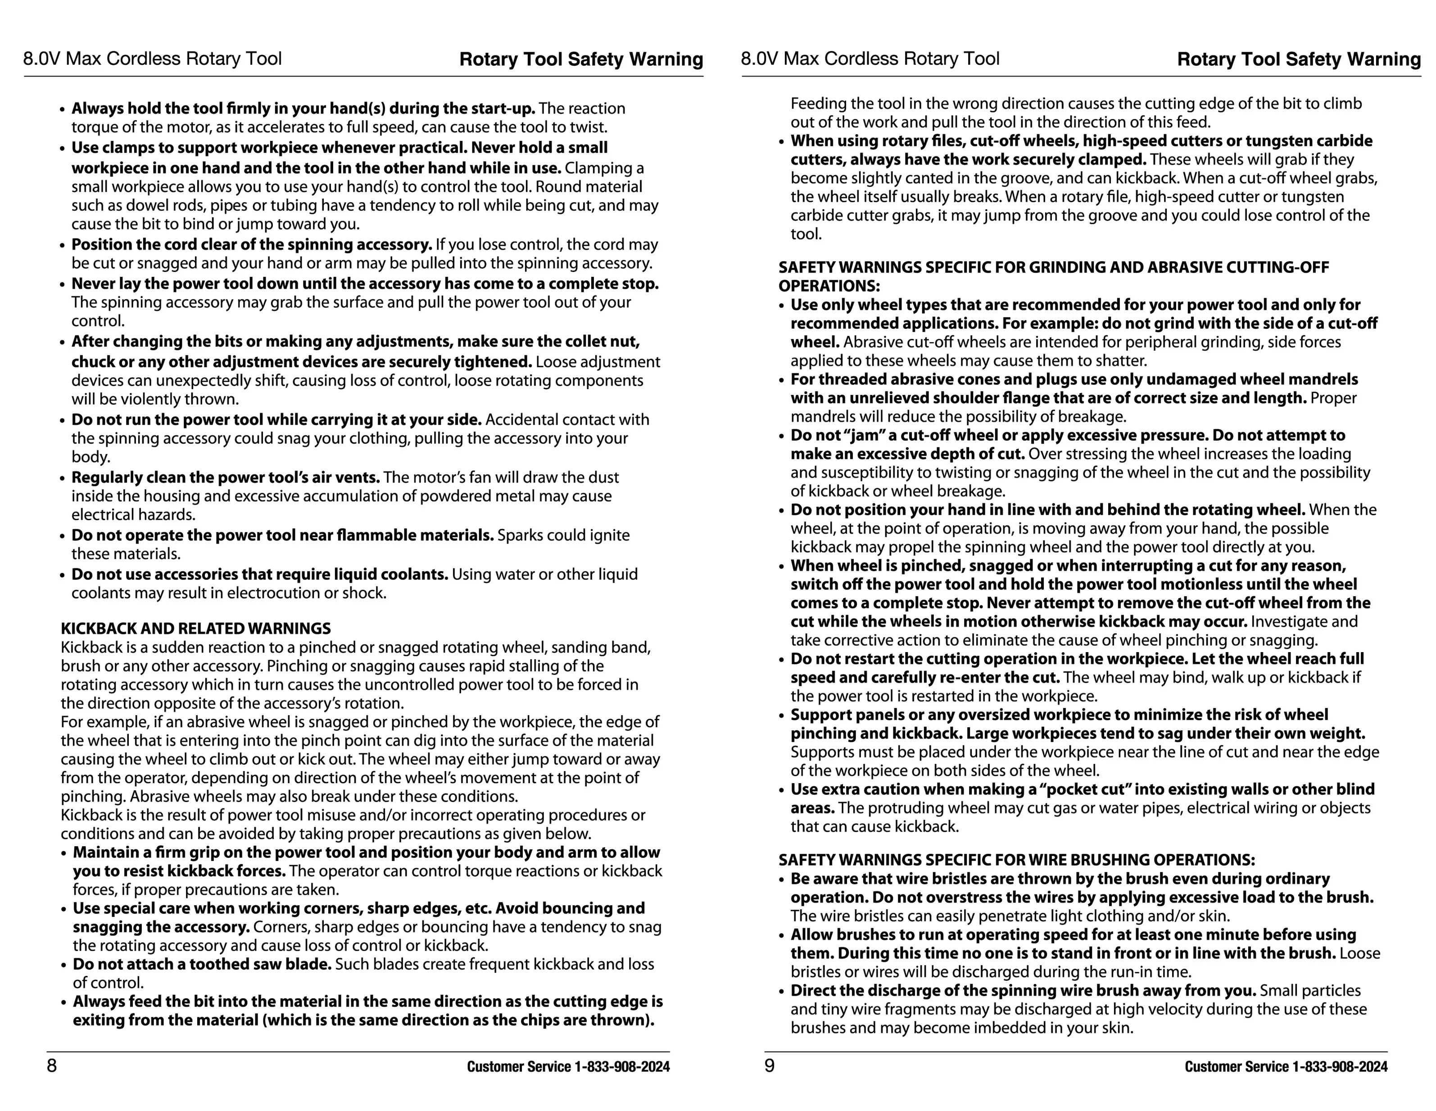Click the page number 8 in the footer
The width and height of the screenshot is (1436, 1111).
tap(52, 1066)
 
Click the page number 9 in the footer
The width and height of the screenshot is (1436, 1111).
tap(769, 1066)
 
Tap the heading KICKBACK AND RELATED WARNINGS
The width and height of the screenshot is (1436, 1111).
tap(196, 629)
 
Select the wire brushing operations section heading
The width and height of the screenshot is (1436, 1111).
tap(1016, 860)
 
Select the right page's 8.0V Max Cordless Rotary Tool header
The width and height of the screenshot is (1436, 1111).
tap(870, 59)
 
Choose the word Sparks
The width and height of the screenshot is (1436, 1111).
tap(520, 535)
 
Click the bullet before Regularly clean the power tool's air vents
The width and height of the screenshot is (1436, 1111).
tap(63, 479)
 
